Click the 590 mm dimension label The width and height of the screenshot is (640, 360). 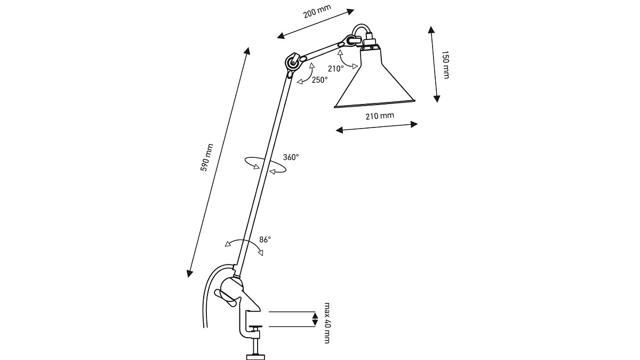207,157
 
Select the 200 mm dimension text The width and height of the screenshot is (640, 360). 317,11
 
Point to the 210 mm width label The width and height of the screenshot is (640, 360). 380,116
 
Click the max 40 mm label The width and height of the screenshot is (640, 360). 327,323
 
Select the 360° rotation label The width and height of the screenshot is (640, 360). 291,157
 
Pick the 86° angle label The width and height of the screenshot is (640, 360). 265,239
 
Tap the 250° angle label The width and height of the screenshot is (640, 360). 319,80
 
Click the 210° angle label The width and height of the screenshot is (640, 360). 335,69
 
